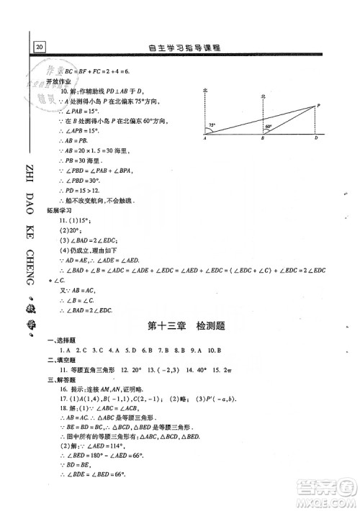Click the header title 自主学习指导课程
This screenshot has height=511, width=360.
point(186,47)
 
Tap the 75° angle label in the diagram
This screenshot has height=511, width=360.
point(212,125)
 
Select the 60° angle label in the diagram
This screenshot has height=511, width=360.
point(268,127)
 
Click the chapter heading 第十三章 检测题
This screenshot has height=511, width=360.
point(185,326)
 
